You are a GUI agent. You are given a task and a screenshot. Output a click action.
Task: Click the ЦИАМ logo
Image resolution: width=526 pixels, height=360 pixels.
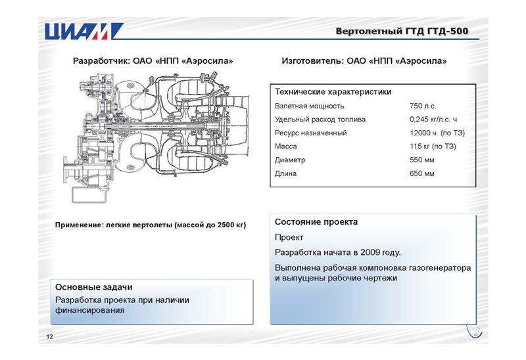pos(84,31)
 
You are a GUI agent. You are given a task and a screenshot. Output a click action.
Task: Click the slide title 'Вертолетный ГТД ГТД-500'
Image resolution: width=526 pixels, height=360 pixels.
pos(402,31)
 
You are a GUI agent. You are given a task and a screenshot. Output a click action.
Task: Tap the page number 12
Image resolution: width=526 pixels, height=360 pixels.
pos(50,336)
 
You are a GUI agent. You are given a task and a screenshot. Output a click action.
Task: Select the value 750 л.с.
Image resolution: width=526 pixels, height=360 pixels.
pos(423,106)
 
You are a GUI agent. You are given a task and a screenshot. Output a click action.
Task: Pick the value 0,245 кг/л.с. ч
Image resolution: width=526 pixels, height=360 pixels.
pos(433,120)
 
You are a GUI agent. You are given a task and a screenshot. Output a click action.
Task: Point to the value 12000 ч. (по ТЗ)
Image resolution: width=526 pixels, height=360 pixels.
pos(437,133)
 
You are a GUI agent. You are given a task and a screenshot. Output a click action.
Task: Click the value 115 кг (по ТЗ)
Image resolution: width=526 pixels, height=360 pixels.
pos(433,146)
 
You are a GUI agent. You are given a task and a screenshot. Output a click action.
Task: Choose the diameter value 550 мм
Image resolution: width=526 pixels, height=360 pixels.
pos(421,160)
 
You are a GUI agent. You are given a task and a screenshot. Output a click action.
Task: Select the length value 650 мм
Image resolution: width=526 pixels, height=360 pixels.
pos(421,173)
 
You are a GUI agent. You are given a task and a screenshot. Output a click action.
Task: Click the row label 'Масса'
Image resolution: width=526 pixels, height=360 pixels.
pos(286,146)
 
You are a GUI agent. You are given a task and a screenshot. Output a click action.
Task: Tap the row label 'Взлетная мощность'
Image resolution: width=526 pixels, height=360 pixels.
pos(310,106)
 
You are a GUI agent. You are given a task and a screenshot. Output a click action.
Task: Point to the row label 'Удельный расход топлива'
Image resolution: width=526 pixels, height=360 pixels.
pos(320,120)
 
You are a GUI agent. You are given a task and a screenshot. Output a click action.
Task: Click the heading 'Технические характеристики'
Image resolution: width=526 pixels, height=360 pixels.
pos(333,92)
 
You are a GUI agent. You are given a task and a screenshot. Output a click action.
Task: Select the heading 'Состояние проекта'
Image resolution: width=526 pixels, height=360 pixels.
pos(316,222)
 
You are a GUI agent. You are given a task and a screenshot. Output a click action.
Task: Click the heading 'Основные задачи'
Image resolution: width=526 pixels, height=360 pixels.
pos(94,287)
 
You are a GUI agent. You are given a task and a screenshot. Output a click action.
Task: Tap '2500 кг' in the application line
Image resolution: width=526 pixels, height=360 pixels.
pos(232,225)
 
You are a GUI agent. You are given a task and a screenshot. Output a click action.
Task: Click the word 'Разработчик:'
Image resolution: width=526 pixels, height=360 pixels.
pos(102,61)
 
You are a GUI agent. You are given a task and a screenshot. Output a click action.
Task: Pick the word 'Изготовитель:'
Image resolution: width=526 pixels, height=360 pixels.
pos(313,61)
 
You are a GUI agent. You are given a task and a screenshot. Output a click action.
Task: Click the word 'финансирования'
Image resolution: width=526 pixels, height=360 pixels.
pos(90,310)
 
